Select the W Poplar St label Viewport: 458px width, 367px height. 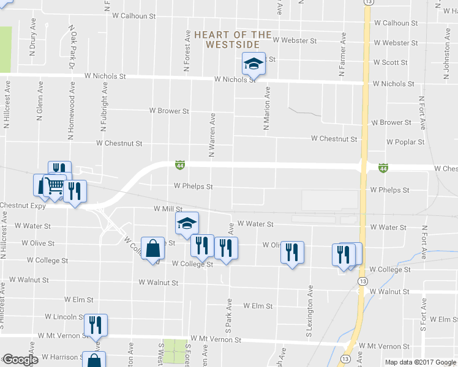tap(405, 142)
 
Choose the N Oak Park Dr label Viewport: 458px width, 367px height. tap(72, 47)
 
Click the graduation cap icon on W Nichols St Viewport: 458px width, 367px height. tap(253, 64)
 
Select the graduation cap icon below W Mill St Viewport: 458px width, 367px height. tap(187, 223)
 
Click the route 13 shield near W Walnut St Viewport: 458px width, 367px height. tap(362, 281)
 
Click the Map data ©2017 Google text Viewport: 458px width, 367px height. tap(419, 361)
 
